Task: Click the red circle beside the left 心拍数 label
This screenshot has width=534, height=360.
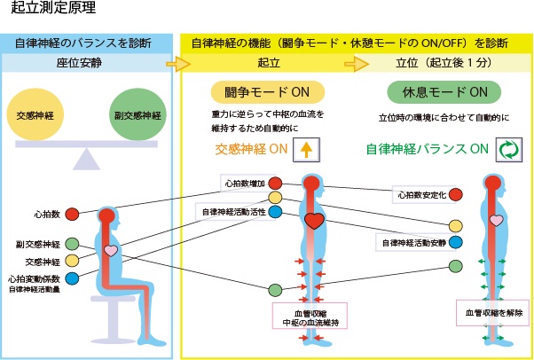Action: [73, 214]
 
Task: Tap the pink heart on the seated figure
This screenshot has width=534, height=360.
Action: [110, 251]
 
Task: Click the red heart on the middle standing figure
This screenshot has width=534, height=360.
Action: [313, 220]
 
